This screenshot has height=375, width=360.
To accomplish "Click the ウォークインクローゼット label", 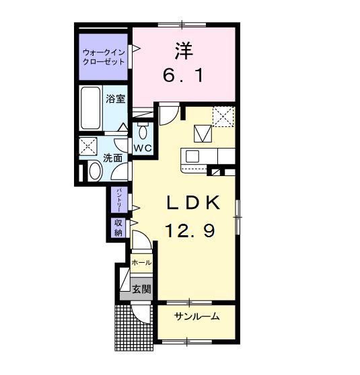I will click(104, 56).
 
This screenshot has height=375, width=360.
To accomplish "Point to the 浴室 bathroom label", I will click(115, 98).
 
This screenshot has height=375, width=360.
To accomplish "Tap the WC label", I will click(141, 148).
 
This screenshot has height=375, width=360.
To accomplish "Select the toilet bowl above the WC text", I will click(142, 130).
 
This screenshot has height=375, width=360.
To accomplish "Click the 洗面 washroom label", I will click(113, 159).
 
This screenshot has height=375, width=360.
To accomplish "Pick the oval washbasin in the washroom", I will click(94, 173).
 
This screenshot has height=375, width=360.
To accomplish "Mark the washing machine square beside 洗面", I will click(87, 147).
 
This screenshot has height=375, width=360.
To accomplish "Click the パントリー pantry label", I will click(118, 200).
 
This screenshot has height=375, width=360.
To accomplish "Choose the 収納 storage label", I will click(118, 228).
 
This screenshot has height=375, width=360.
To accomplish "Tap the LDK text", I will click(190, 202).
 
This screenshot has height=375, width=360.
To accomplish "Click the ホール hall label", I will click(141, 262).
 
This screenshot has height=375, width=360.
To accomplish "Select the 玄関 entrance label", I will click(141, 290).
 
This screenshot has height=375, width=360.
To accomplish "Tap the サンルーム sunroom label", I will click(196, 317).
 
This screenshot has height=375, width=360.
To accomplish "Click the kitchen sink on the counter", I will click(192, 157).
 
